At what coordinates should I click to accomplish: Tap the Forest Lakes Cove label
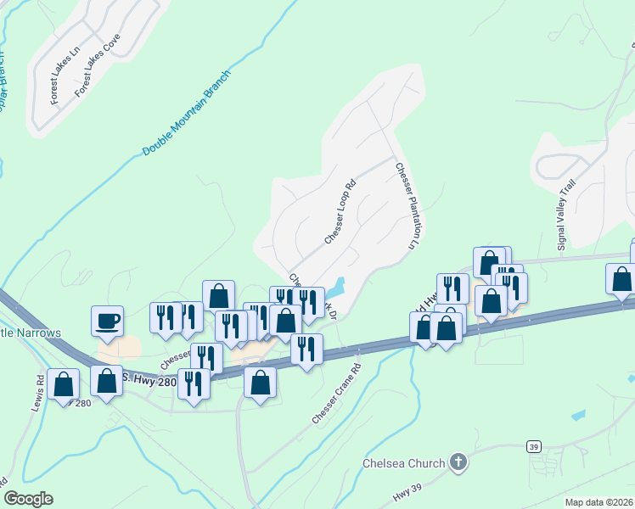point(98,64)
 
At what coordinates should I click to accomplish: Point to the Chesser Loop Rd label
point(339,212)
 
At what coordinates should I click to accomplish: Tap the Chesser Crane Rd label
point(337,394)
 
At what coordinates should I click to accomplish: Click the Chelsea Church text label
point(403,463)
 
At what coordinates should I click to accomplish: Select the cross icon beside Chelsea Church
point(458,462)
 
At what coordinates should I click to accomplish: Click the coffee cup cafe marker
point(108,322)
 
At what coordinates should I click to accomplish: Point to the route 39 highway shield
point(533,446)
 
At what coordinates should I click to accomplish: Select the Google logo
point(28,499)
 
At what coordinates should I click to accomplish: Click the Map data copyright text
point(599,502)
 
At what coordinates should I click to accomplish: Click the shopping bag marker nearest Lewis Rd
point(64,384)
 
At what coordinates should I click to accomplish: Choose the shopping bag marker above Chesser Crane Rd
point(260,382)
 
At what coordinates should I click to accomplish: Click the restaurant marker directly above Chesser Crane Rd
point(306,349)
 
